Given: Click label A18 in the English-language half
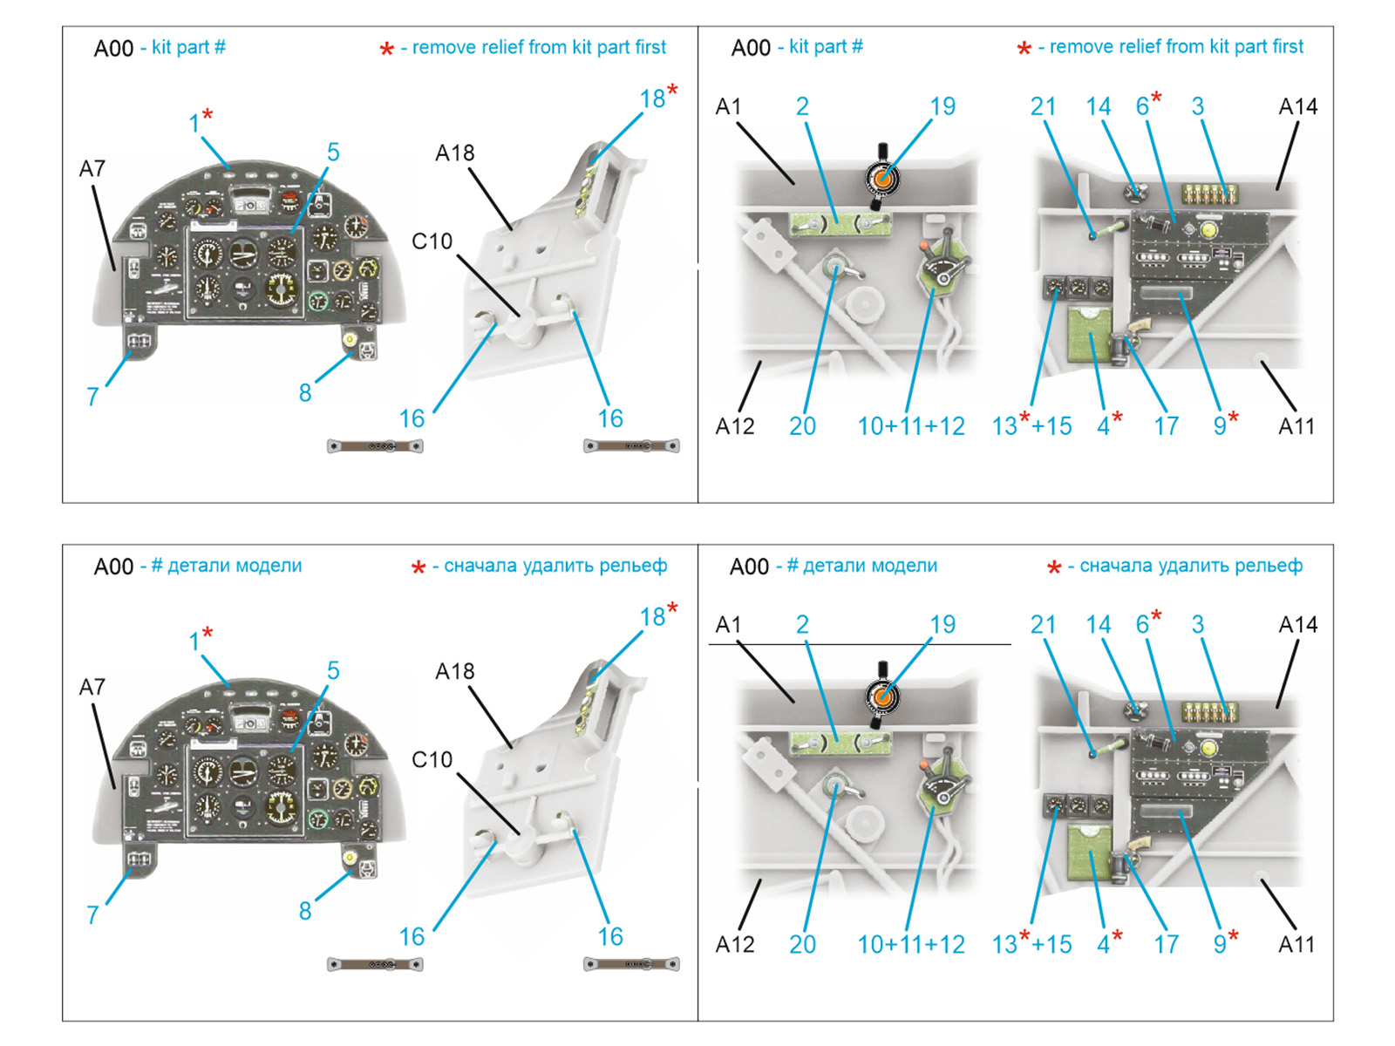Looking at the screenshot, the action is [454, 153].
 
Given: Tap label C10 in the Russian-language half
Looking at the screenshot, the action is [432, 759].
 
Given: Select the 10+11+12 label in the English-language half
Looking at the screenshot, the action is [911, 426].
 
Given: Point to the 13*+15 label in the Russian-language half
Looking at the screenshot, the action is [1031, 943].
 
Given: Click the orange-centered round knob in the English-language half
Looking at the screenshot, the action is [882, 179].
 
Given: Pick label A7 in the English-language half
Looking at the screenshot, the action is [92, 169].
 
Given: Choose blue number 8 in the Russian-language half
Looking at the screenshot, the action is [305, 912].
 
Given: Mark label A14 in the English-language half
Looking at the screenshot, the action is [1297, 106].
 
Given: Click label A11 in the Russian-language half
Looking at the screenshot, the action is [1296, 944].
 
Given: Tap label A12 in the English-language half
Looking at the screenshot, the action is [735, 426].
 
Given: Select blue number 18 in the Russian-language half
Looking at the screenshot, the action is [652, 616].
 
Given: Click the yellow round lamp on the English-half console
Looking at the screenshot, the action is [1208, 229].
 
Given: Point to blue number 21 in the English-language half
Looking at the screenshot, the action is [1043, 106].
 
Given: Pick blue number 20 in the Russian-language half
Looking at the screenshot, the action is [802, 944].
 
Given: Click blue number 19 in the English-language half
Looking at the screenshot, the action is [942, 106].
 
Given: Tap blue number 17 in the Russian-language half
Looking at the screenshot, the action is [1167, 944].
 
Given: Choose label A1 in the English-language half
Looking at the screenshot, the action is [728, 106].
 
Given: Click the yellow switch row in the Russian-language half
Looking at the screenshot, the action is [1210, 712].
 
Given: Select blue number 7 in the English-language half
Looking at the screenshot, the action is [92, 397].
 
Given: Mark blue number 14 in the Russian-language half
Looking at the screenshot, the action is [1099, 625].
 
